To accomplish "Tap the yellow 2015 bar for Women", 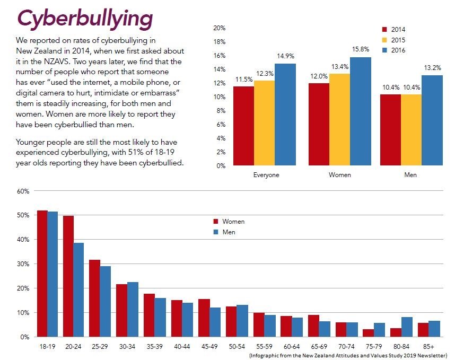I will (x=339, y=119).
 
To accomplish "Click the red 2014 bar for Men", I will (x=390, y=129).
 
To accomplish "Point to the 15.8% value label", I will (x=360, y=50).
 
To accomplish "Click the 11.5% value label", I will (x=243, y=80).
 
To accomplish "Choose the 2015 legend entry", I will (x=397, y=39).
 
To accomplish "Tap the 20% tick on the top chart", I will (x=219, y=28).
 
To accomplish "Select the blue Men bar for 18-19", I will (x=52, y=274).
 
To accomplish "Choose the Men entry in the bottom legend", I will (x=225, y=232).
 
